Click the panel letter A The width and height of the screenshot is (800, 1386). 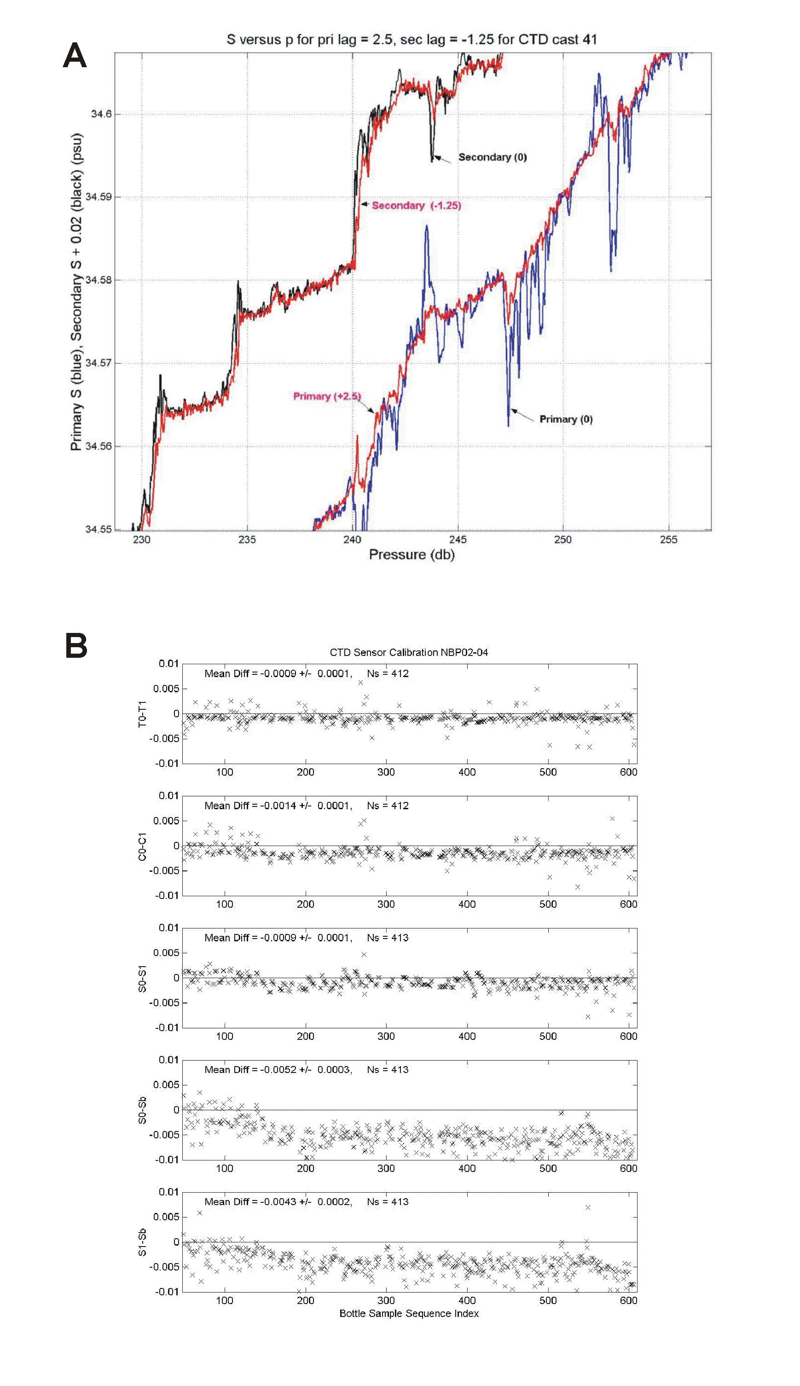click(75, 56)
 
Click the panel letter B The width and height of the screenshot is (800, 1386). click(76, 645)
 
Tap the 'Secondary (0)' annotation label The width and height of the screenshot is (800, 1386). click(493, 157)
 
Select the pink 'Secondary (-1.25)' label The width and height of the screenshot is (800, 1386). click(416, 205)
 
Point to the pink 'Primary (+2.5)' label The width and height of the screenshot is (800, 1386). click(327, 396)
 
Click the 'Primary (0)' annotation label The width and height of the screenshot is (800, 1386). click(565, 419)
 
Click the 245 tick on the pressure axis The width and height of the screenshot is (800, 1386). click(458, 539)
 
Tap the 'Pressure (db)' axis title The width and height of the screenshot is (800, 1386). click(412, 554)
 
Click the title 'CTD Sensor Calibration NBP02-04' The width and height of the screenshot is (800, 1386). click(409, 652)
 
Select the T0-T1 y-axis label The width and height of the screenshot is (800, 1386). click(142, 713)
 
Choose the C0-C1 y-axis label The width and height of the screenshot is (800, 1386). click(142, 846)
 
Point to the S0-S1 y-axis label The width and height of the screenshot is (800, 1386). click(142, 978)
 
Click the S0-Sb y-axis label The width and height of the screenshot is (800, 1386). click(142, 1110)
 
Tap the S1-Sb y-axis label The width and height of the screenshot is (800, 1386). click(142, 1242)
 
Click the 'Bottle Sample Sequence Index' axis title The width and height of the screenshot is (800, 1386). click(409, 1313)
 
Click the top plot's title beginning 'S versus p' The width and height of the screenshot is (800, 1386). click(412, 40)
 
